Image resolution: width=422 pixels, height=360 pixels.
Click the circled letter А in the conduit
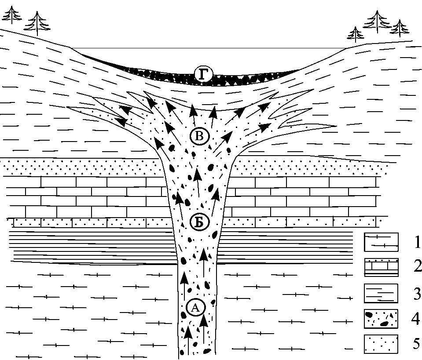pyautogui.click(x=196, y=308)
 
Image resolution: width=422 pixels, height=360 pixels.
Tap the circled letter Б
pyautogui.click(x=199, y=223)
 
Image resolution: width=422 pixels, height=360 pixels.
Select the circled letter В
pyautogui.click(x=199, y=136)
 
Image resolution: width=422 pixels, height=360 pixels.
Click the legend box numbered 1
pyautogui.click(x=381, y=242)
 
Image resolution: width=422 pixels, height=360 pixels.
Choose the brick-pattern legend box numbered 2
pyautogui.click(x=381, y=267)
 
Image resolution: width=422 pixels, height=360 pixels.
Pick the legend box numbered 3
pyautogui.click(x=381, y=293)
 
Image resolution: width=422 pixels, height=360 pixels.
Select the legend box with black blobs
pyautogui.click(x=381, y=318)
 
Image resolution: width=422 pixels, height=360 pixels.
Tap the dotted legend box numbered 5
pyautogui.click(x=381, y=344)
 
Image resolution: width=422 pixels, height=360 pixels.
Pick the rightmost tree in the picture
pyautogui.click(x=400, y=28)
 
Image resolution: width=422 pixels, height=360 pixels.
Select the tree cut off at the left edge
pyautogui.click(x=12, y=14)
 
